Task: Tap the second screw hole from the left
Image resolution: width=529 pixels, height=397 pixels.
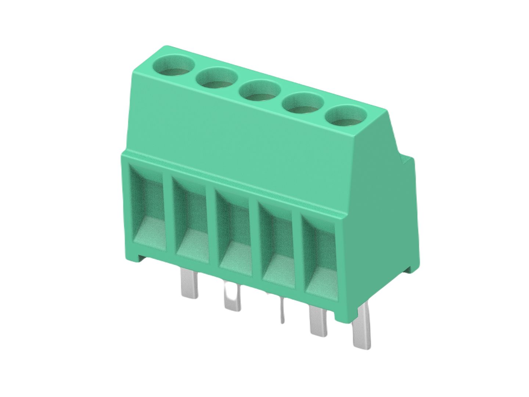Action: coord(217,78)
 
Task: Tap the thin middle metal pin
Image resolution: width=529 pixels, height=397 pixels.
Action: coord(282,311)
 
